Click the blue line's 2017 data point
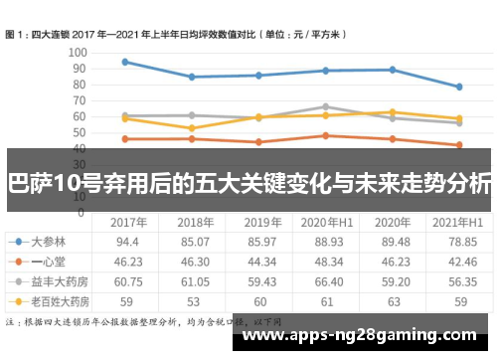pos(124,62)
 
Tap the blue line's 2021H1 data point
pos(458,87)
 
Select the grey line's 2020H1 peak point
pos(325,106)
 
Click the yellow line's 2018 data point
pos(191,128)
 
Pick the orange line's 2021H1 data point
pos(458,145)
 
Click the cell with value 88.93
pos(328,242)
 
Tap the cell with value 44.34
pos(262,261)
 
